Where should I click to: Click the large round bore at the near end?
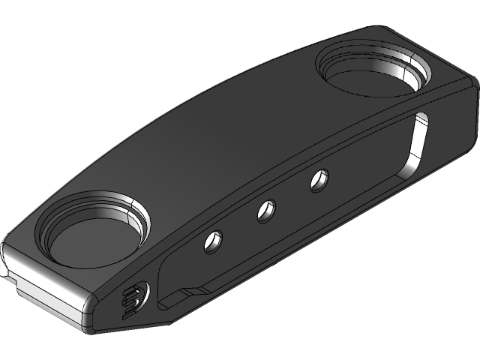pyautogui.click(x=94, y=232)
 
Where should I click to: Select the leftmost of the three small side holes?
pyautogui.click(x=214, y=241)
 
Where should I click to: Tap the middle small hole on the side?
pyautogui.click(x=265, y=211)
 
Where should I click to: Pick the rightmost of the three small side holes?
pyautogui.click(x=319, y=180)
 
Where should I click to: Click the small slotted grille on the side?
pyautogui.click(x=135, y=298)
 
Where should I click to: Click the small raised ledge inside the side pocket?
pyautogui.click(x=187, y=292)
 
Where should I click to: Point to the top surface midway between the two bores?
pyautogui.click(x=225, y=135)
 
